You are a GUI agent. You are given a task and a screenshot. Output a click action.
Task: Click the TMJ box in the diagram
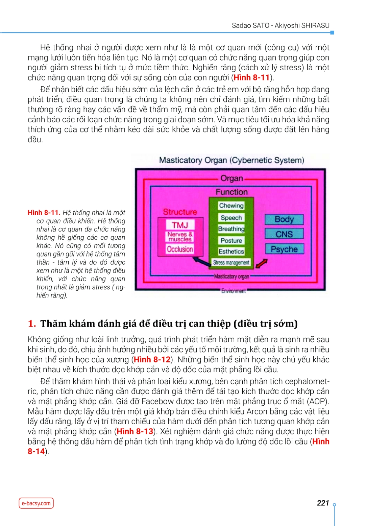(180, 225)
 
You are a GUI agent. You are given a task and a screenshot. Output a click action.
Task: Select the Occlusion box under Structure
(180, 249)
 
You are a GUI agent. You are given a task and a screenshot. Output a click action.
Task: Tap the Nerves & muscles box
(180, 237)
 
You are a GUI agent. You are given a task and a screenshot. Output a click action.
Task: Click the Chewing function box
(231, 206)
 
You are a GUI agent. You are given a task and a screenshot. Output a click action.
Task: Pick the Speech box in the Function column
(231, 218)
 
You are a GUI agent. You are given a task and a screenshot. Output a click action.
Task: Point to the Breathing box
(231, 229)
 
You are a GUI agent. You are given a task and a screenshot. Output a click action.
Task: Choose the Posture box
(231, 240)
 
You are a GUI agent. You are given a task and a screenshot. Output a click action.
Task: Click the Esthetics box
(231, 252)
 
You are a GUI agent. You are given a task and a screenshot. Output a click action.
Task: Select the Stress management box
(231, 262)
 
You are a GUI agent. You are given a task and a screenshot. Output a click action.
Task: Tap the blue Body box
(284, 219)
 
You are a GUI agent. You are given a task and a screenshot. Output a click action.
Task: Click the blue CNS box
(284, 234)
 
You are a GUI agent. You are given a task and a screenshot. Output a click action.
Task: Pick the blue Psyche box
(284, 249)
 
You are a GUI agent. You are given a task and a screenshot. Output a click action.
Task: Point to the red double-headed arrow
(262, 263)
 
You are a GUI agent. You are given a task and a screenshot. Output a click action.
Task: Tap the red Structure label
(180, 212)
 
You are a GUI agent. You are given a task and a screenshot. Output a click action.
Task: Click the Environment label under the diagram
(234, 291)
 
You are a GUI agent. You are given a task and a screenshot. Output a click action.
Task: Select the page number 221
(323, 503)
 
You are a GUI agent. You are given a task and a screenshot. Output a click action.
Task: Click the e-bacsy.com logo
(36, 503)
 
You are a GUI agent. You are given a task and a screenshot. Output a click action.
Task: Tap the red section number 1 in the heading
(31, 324)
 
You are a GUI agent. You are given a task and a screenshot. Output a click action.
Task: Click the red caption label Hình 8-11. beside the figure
(44, 213)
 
